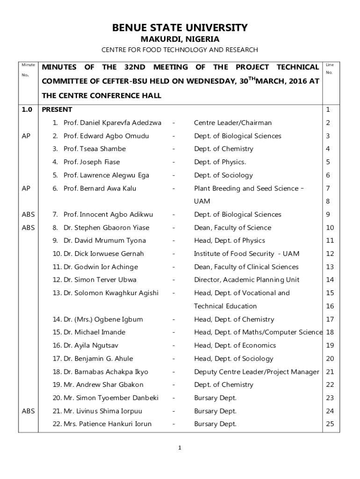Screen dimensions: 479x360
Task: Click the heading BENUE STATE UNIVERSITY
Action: point(180,28)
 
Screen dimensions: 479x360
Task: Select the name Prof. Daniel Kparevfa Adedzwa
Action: point(112,123)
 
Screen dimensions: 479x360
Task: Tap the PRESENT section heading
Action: point(57,110)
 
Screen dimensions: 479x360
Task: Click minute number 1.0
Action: point(27,110)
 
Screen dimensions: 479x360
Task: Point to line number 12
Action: point(330,254)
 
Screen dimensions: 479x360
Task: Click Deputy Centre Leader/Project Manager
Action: point(257,372)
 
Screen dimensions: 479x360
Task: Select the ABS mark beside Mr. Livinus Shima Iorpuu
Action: point(28,411)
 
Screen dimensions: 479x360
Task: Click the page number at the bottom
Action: point(180,448)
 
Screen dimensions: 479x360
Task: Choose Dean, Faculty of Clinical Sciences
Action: point(246,267)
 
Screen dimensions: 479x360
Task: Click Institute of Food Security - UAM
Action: point(246,254)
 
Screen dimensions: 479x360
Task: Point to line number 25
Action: point(330,424)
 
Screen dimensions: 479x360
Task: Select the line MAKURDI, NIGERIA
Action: point(180,39)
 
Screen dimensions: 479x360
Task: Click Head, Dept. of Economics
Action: point(235,346)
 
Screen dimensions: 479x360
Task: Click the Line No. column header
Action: point(330,69)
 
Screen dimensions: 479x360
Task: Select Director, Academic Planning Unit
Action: point(247,280)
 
